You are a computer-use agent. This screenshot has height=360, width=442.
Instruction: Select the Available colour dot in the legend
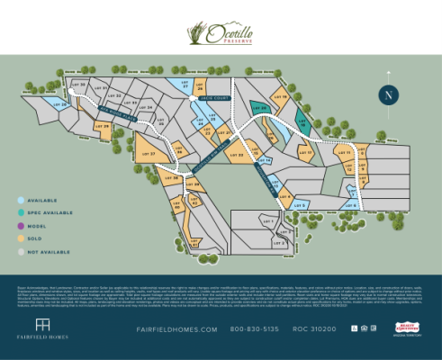[x=21, y=200]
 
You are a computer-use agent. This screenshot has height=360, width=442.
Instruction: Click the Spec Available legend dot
[x=21, y=212]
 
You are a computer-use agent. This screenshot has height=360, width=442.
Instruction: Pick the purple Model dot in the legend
[x=21, y=226]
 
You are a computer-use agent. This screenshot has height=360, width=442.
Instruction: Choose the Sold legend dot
[x=21, y=239]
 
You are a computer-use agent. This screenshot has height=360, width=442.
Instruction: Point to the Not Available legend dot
[x=21, y=252]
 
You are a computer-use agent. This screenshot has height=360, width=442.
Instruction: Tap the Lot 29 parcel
[x=104, y=128]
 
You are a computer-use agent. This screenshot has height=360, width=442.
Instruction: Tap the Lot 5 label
[x=301, y=205]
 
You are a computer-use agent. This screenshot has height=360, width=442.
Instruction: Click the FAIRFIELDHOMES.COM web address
[x=177, y=329]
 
